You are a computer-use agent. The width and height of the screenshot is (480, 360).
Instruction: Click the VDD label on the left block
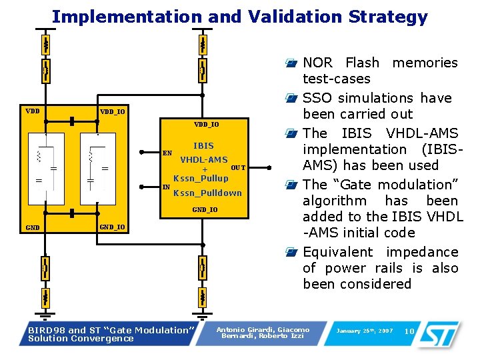(31, 111)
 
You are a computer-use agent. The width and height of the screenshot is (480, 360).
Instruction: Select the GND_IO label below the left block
(112, 227)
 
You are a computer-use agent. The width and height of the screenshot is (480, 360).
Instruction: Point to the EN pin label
(167, 153)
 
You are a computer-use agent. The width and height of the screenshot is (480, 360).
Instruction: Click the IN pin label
(166, 187)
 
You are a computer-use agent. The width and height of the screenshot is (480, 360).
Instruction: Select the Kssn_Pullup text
(201, 179)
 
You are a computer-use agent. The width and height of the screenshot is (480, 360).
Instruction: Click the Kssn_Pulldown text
(207, 193)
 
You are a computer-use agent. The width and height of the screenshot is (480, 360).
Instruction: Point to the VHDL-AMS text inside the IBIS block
(203, 160)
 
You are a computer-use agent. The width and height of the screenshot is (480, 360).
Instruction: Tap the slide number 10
(410, 331)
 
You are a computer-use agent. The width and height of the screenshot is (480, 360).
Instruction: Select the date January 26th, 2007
(365, 331)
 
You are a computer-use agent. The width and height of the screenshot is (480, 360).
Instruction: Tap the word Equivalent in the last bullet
(335, 252)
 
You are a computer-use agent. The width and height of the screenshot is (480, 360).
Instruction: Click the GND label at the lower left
(32, 228)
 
